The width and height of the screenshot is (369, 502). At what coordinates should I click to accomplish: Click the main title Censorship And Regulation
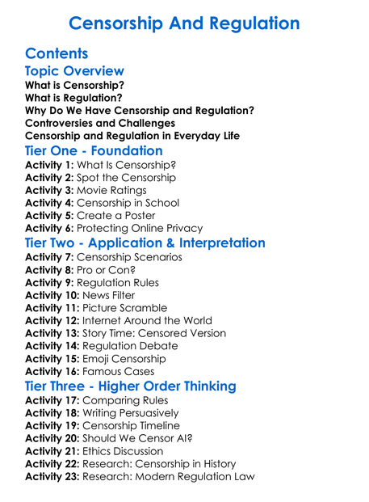pos(184,23)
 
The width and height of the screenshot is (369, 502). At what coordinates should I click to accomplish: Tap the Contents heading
pos(57,54)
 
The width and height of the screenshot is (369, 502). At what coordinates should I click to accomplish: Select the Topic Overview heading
pos(74,72)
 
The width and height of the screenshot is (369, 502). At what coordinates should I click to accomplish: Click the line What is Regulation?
pos(78,98)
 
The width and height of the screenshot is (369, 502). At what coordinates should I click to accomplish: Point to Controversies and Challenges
pos(100,123)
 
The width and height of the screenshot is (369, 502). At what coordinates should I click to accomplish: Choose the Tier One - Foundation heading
pos(94,151)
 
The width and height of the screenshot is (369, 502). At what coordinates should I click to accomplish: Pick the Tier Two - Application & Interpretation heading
pos(145,243)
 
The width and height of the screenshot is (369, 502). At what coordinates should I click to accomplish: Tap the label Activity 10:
pos(52,295)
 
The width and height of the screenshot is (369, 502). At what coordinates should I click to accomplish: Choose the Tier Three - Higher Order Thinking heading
pos(131,386)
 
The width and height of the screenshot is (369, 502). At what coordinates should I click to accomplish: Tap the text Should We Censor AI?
pos(140,439)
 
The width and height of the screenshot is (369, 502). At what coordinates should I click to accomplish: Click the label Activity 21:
pos(52,451)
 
